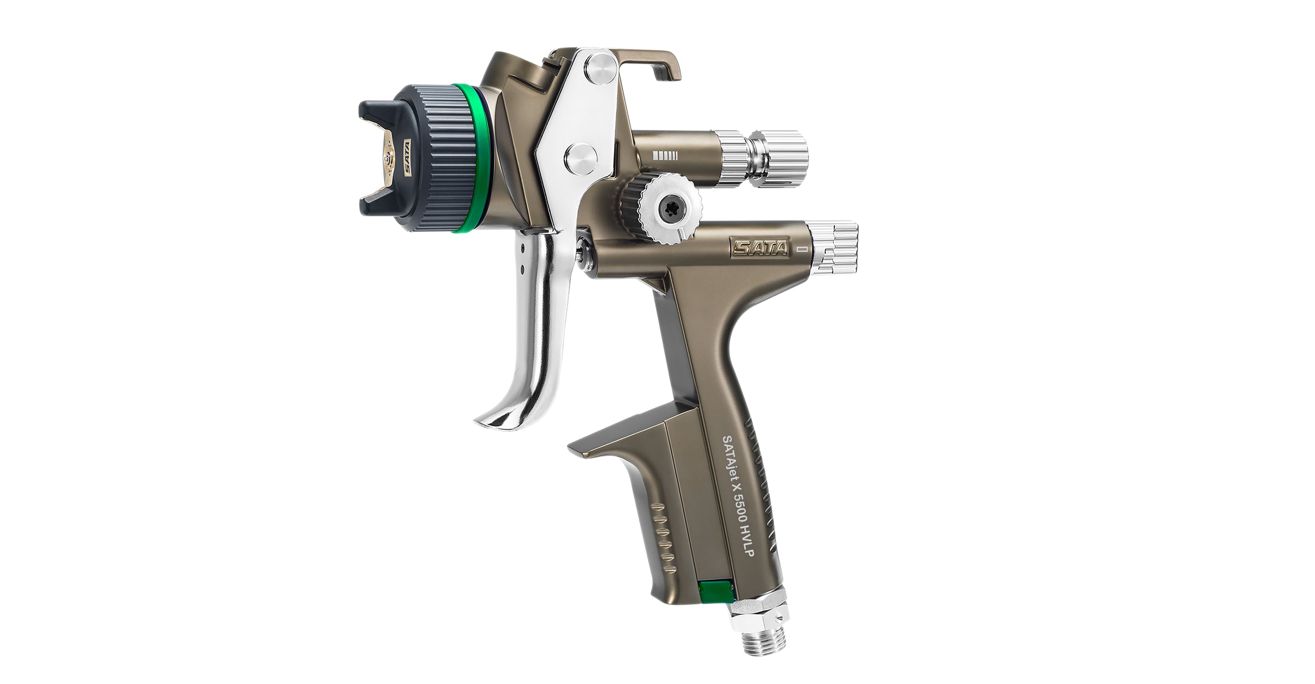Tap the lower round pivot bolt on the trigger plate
[580, 158]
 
